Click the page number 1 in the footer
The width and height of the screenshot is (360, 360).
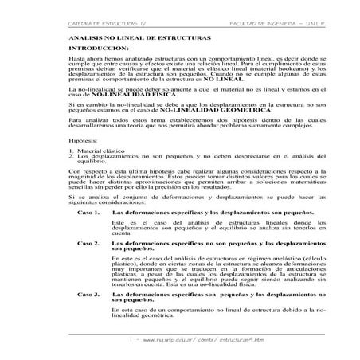131,339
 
